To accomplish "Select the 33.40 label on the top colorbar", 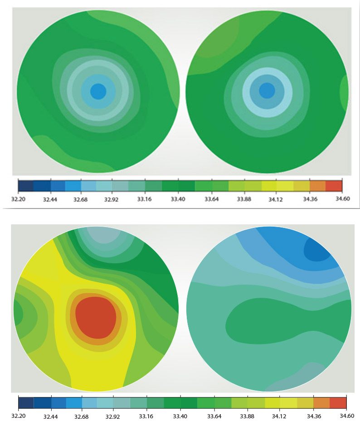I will coord(180,198).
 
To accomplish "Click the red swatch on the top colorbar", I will coord(334,186).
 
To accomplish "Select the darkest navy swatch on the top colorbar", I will coord(26,186).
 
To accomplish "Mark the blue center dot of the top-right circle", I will coord(267,91).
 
